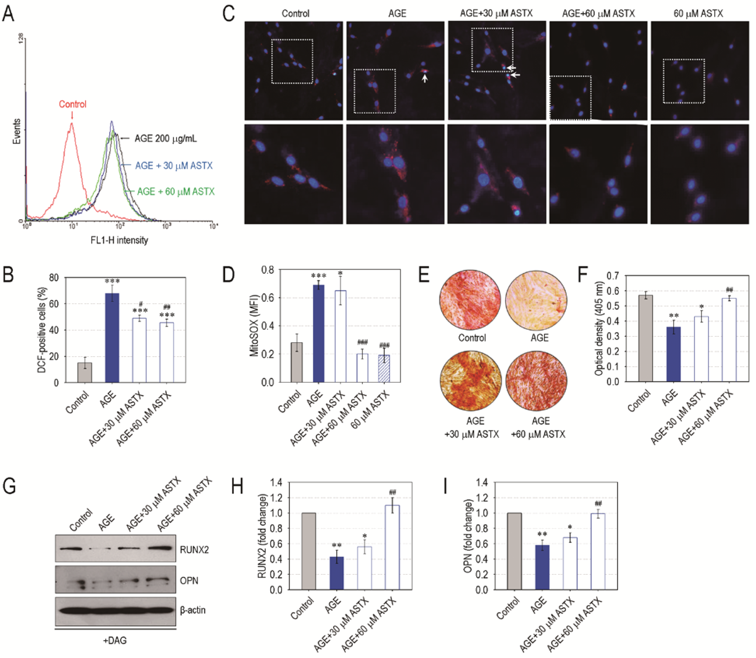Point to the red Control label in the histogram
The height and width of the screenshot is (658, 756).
point(73,104)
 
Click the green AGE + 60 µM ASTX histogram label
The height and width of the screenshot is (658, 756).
point(176,192)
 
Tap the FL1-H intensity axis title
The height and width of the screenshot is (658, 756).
point(119,240)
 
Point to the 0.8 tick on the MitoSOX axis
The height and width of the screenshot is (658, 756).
point(268,270)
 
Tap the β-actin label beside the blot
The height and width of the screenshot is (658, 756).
point(193,610)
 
